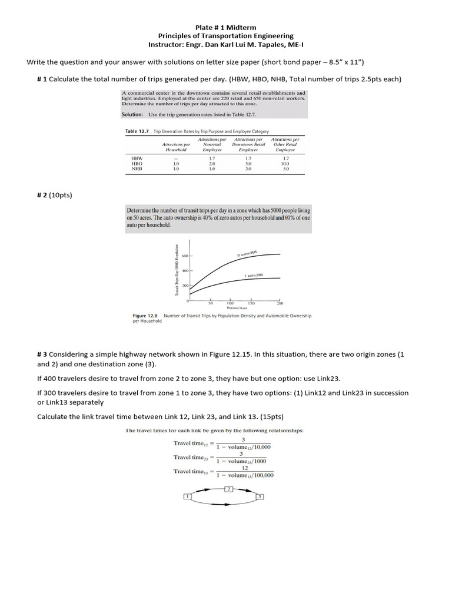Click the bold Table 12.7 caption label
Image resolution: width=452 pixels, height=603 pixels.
138,131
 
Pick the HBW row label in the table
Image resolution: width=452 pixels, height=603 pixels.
137,158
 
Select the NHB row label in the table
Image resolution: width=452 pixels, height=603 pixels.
137,168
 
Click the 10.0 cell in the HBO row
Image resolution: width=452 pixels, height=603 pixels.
285,164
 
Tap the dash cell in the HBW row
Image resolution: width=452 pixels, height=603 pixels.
175,158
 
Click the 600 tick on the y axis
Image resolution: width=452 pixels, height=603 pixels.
185,256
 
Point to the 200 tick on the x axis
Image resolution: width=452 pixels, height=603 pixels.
280,303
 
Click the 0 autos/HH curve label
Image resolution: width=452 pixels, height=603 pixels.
247,254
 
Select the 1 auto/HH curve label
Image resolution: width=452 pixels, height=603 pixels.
254,275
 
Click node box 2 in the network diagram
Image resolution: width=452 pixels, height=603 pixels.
230,489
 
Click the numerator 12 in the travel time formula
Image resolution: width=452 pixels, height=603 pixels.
244,468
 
